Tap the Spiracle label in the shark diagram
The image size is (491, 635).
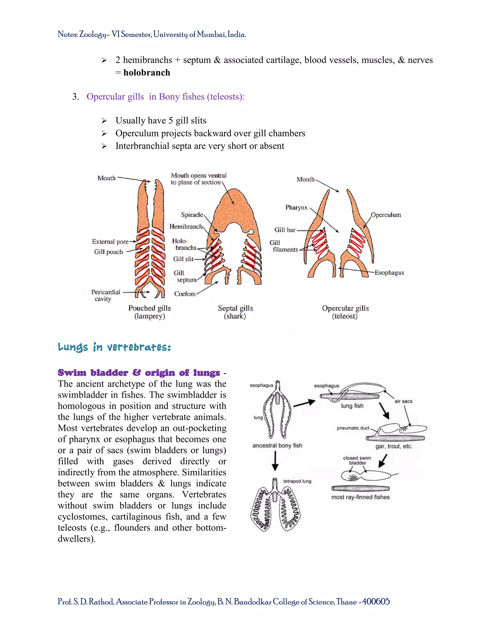tap(192, 215)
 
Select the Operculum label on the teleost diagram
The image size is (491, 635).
tap(386, 215)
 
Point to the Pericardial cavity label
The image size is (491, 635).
tap(105, 295)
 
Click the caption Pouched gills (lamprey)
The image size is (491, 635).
tap(150, 312)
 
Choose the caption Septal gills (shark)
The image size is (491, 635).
tap(235, 312)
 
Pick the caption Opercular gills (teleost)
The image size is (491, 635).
tap(345, 312)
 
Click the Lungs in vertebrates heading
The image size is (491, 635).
tap(114, 347)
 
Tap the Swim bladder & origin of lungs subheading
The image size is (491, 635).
tap(139, 373)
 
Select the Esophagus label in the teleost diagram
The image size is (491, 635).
tap(389, 273)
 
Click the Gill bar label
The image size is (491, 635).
tap(285, 230)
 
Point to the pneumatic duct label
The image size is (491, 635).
tap(353, 428)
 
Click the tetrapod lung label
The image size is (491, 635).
tap(297, 481)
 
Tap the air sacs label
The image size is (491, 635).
tap(403, 401)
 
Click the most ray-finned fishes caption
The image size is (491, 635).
tap(360, 497)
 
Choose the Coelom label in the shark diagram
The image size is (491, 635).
tap(185, 294)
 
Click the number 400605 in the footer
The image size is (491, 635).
tap(376, 601)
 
